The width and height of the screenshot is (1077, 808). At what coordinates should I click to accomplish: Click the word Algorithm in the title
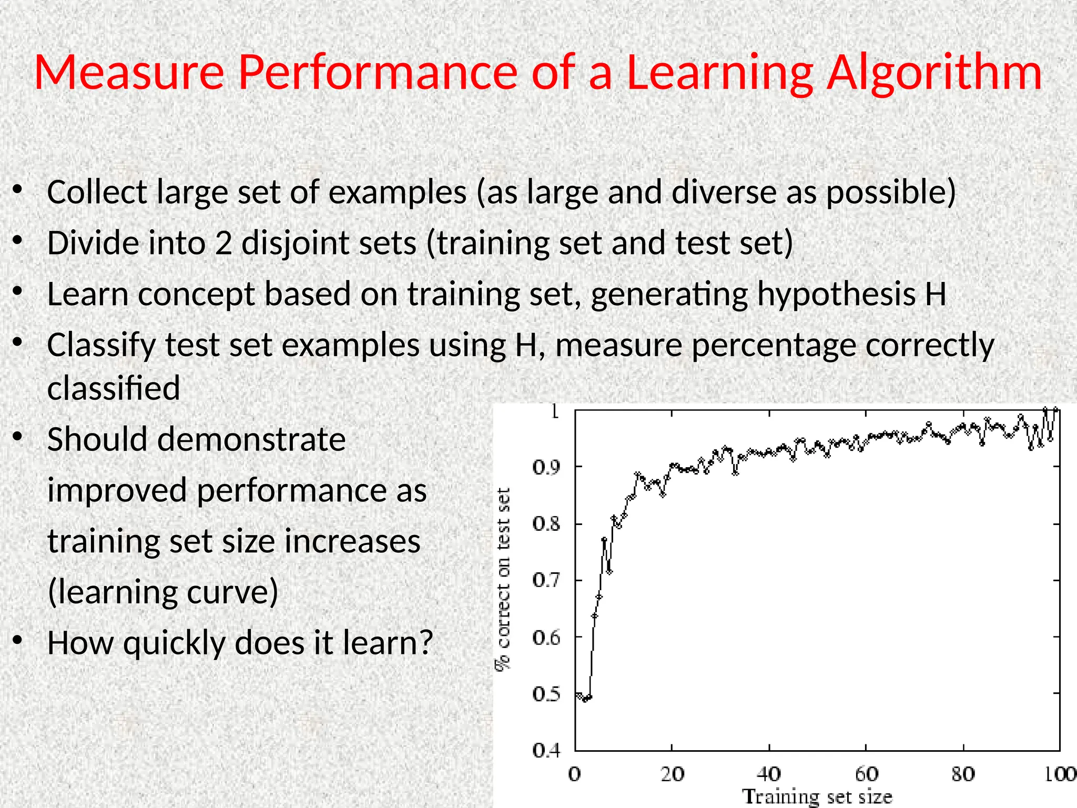(x=934, y=74)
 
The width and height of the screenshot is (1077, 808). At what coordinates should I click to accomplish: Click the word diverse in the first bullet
(x=724, y=192)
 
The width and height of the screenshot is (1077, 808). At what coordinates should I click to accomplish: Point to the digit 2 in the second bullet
(x=223, y=244)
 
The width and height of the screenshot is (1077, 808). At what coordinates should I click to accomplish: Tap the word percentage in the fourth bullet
(x=773, y=346)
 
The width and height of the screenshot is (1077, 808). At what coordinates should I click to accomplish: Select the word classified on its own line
(x=114, y=388)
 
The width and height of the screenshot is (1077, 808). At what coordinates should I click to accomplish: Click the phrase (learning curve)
(x=162, y=592)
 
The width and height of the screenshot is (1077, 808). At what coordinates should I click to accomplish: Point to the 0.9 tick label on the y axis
(x=546, y=467)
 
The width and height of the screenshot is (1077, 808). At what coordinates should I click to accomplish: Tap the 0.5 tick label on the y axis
(x=546, y=694)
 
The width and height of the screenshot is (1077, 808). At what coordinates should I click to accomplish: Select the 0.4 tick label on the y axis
(x=546, y=751)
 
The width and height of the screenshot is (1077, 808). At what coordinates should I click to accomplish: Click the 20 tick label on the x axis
(x=672, y=774)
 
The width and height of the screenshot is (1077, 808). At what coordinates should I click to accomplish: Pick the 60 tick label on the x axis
(x=866, y=774)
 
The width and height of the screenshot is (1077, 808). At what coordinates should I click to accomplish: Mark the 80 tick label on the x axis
(x=963, y=774)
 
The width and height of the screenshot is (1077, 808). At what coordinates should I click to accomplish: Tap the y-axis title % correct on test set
(x=503, y=579)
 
